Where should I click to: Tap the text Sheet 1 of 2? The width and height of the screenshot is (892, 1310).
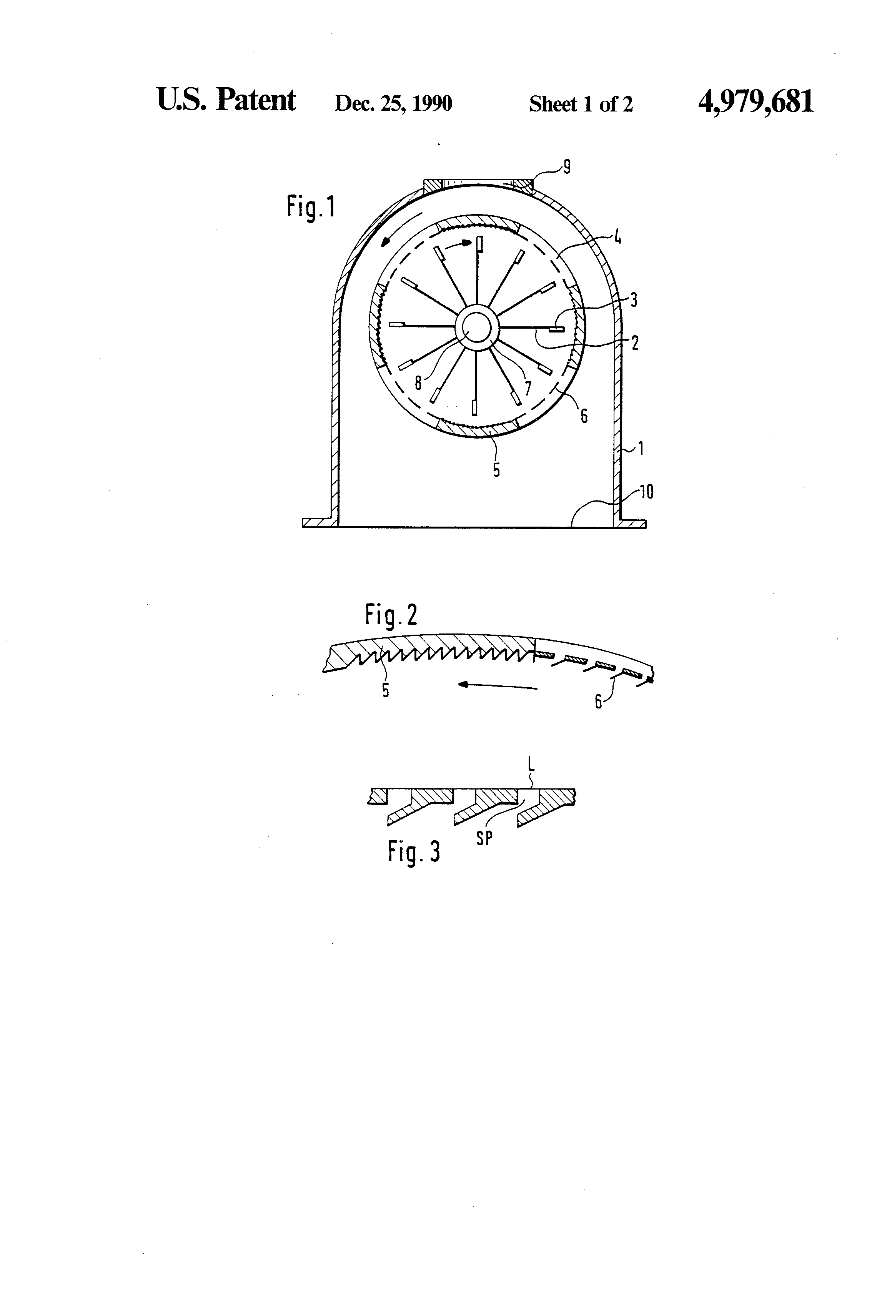click(581, 104)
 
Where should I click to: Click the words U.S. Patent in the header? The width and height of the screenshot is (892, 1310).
click(226, 101)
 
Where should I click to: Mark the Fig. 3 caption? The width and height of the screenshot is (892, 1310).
click(413, 852)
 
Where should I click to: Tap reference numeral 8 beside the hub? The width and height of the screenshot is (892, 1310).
click(418, 383)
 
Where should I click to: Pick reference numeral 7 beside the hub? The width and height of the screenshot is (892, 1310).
click(528, 388)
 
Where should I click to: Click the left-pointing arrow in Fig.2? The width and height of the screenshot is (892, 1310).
click(496, 685)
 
